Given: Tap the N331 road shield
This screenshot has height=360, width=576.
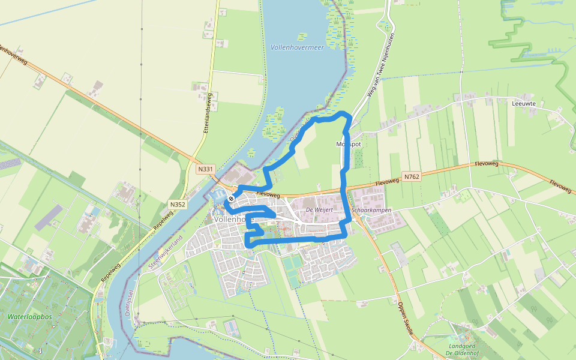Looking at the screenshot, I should pos(205,169).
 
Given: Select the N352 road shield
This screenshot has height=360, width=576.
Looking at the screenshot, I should pos(178,204).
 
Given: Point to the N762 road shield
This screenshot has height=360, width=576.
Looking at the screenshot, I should pos(412,176).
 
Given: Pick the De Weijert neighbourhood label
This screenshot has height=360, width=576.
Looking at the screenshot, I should pos(319,210).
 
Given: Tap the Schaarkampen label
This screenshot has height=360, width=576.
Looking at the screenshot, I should pos(371,210).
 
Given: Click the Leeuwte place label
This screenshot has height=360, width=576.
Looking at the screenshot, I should pos(524,103).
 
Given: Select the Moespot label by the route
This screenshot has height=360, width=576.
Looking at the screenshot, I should pos(349,145).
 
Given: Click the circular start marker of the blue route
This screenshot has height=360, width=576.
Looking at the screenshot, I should pos(232,198).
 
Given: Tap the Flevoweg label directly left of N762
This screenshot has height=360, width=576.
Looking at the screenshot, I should pos(387,181).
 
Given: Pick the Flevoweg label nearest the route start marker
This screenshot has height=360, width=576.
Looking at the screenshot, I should pos(268,194).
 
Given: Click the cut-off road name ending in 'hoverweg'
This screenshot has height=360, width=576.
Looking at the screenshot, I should pos(13,54).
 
